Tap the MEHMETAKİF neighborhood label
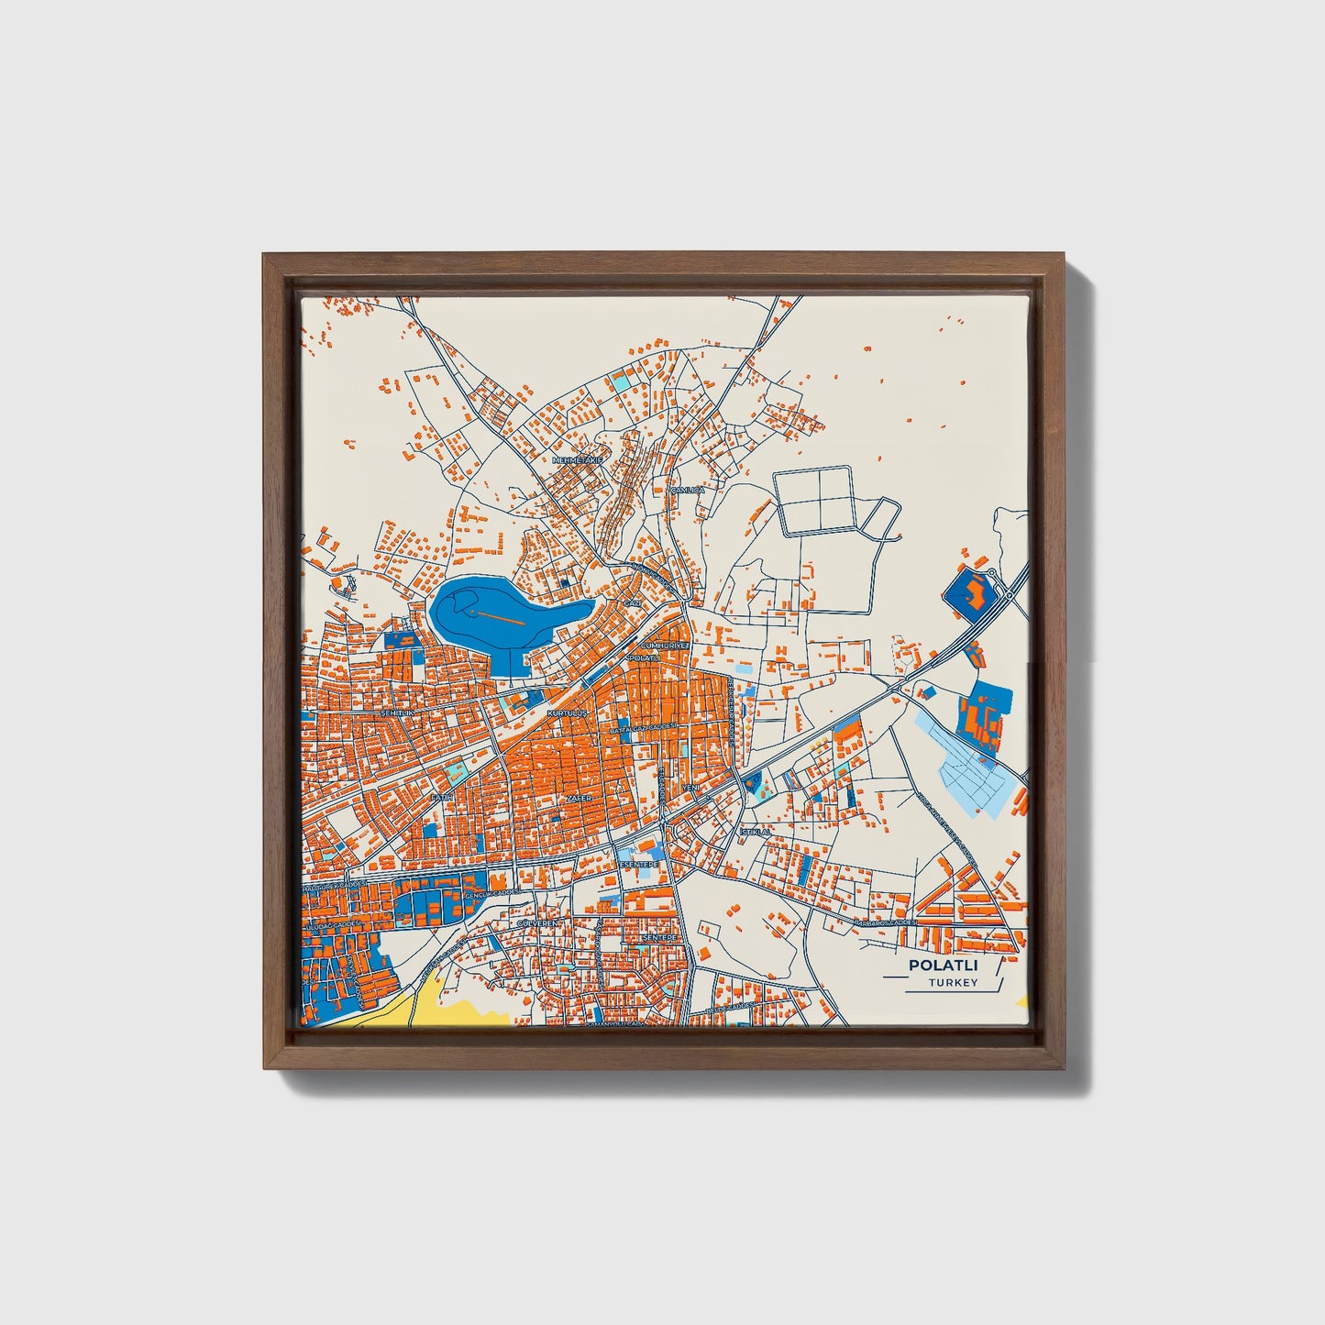(x=577, y=458)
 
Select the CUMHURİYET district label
(x=665, y=646)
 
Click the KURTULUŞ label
(x=565, y=712)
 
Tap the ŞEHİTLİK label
(x=398, y=712)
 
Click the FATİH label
(x=441, y=798)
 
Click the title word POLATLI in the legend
(x=943, y=966)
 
